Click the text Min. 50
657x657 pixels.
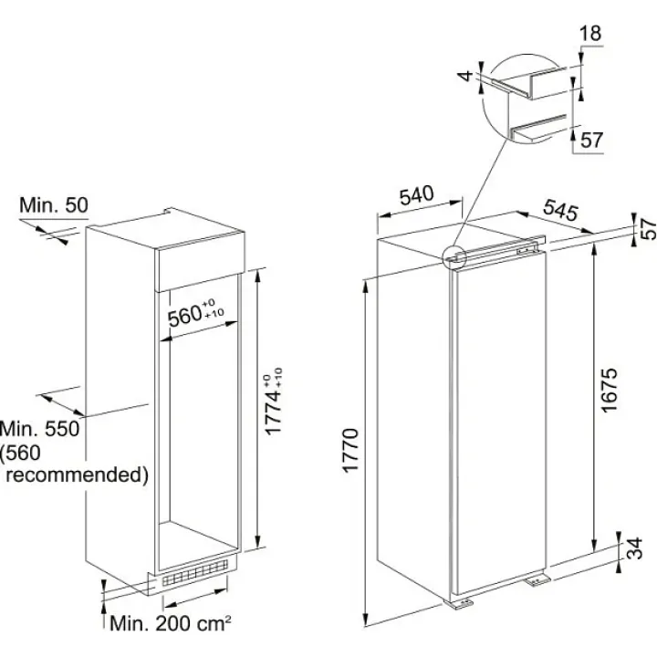(x=54, y=205)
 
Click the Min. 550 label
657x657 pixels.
(x=41, y=428)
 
